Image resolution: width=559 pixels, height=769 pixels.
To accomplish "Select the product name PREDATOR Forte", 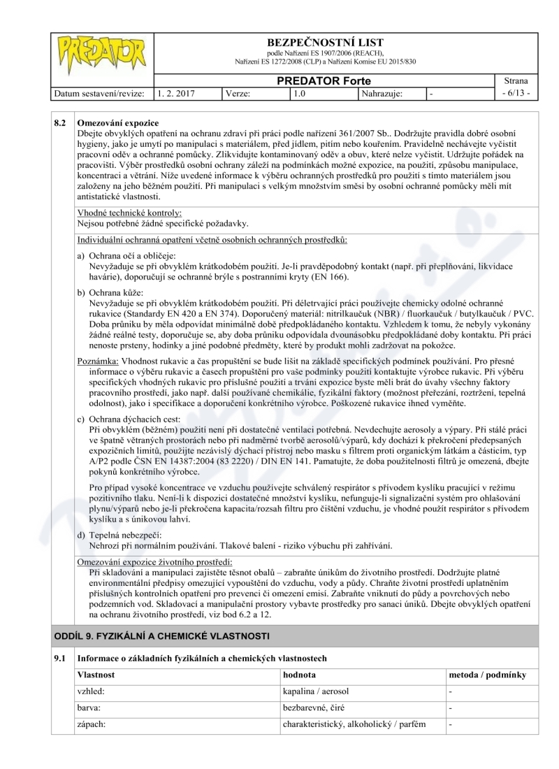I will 321,81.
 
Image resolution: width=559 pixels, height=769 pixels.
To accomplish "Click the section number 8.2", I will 61,123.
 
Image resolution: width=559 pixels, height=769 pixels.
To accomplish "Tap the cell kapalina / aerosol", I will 315,691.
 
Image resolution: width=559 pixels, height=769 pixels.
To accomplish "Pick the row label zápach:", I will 91,724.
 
